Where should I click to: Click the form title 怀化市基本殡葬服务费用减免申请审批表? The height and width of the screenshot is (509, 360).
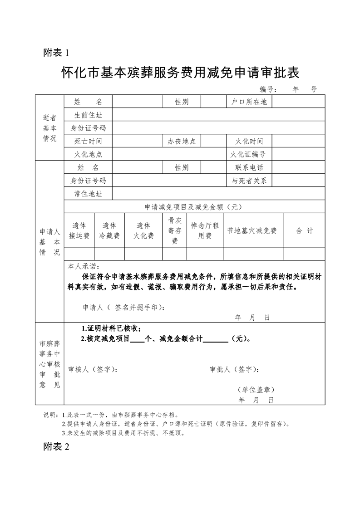[x=180, y=73]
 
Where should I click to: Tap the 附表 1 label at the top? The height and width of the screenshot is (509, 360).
[x=56, y=53]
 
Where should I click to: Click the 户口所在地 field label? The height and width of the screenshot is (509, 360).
[x=249, y=102]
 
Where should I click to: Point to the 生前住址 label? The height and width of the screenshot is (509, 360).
[x=88, y=115]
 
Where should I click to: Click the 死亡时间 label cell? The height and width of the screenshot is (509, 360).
[x=88, y=142]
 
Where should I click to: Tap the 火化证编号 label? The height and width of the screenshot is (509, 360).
[x=249, y=155]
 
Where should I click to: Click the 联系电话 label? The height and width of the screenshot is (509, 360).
[x=249, y=168]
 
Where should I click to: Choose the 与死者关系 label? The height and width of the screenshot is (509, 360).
[x=249, y=181]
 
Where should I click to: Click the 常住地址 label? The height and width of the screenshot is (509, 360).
[x=88, y=194]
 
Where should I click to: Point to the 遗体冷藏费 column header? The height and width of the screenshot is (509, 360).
[x=109, y=230]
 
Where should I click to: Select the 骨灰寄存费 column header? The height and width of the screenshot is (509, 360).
[x=175, y=230]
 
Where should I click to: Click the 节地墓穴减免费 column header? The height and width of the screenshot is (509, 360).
[x=253, y=230]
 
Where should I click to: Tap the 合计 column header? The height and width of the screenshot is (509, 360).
[x=305, y=230]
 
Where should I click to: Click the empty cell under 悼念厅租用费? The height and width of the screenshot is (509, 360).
[x=205, y=254]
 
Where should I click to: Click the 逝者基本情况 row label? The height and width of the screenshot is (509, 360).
[x=49, y=128]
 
